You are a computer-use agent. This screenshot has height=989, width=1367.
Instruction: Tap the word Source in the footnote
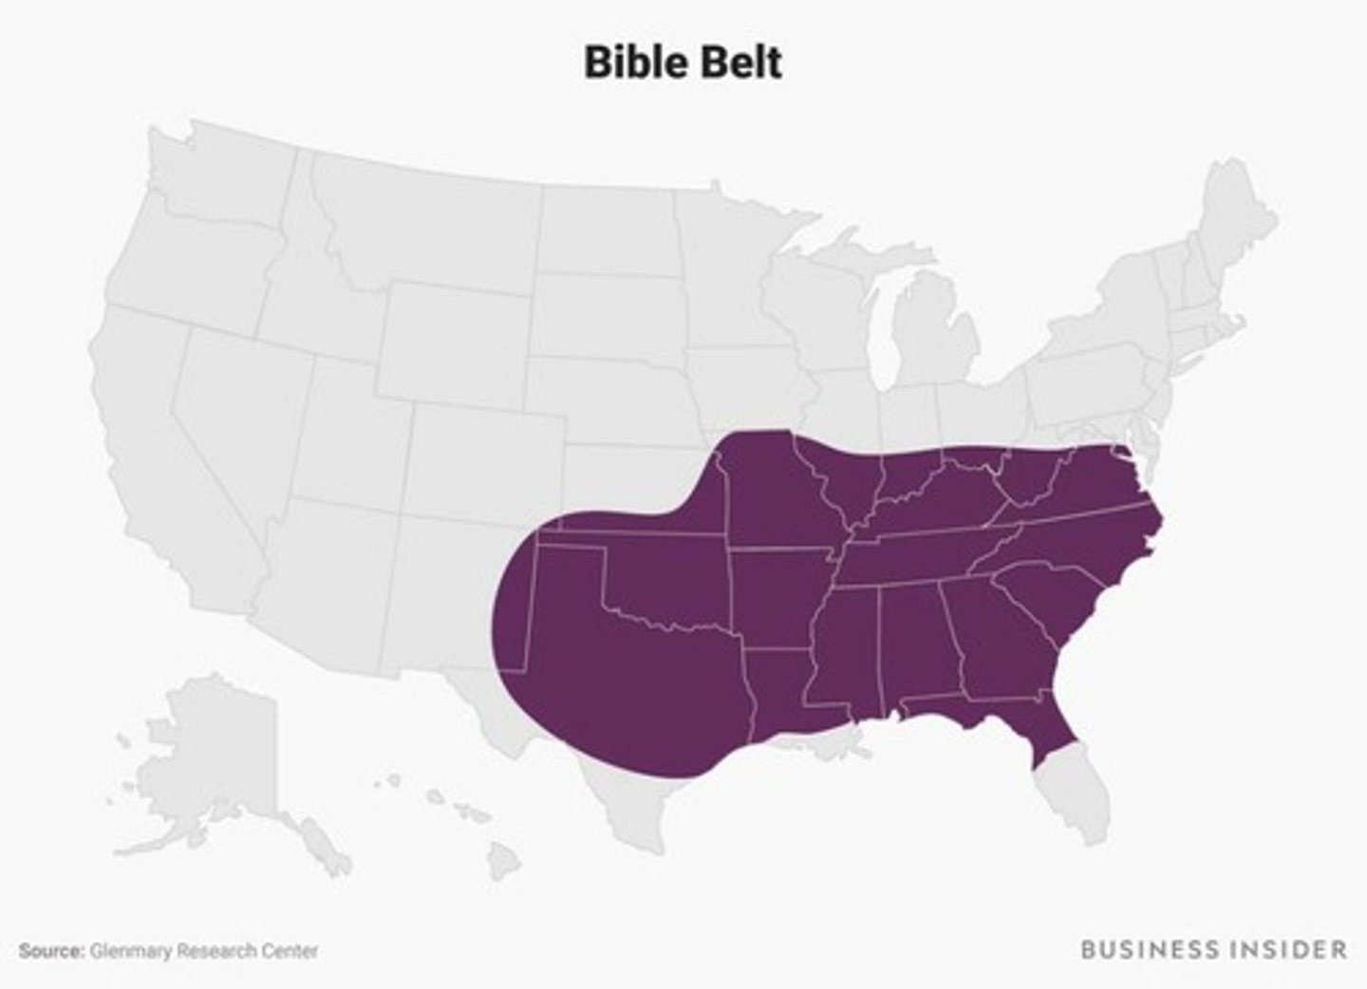(50, 950)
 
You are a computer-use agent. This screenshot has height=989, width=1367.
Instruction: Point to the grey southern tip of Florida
(1073, 797)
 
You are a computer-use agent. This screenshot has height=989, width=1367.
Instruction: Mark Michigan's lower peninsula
(935, 332)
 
